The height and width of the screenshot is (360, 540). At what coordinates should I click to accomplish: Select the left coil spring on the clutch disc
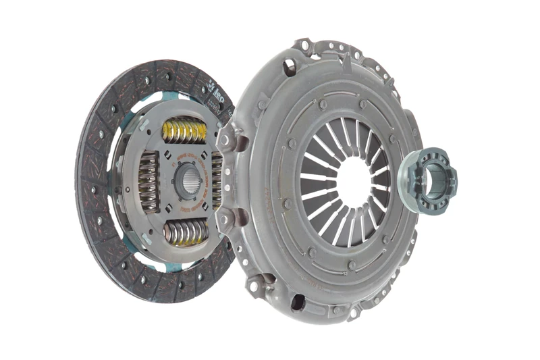[148, 181]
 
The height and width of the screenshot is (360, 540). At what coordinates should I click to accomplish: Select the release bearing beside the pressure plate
[427, 179]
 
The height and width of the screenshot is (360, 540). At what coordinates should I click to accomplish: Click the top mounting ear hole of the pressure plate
[305, 46]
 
